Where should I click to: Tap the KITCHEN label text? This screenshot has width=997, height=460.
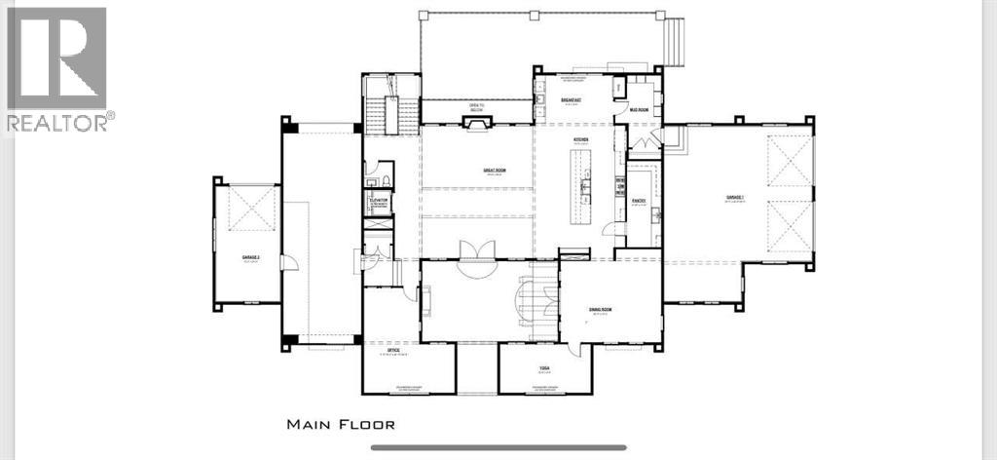click(x=581, y=140)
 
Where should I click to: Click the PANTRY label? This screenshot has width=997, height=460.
click(x=640, y=201)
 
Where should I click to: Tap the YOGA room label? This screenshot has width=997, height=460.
click(x=545, y=368)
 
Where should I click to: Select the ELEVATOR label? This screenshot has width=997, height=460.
click(x=379, y=200)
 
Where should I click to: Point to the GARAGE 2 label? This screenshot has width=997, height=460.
click(x=247, y=258)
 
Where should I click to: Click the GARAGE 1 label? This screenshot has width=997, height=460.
click(x=734, y=198)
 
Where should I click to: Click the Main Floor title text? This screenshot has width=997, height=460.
click(x=341, y=424)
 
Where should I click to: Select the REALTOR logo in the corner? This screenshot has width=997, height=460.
click(x=58, y=68)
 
